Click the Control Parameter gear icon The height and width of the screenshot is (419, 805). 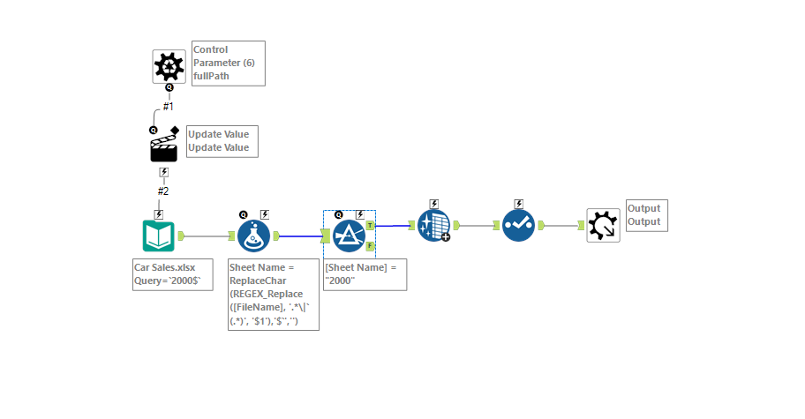(x=169, y=65)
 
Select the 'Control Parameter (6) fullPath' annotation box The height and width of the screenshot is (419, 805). (x=228, y=63)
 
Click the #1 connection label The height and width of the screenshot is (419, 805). (x=168, y=107)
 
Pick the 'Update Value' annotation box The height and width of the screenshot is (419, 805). (x=222, y=141)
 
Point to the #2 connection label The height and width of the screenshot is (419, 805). (x=163, y=191)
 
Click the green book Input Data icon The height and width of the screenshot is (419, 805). (x=159, y=236)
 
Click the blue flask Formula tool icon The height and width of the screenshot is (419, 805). (x=255, y=236)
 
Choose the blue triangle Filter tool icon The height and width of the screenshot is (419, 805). (x=350, y=236)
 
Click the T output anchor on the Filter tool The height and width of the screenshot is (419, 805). (x=370, y=226)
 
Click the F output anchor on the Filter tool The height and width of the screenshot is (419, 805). (x=370, y=245)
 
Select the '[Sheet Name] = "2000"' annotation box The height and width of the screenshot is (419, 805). (x=365, y=273)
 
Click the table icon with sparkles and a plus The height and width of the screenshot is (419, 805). (x=434, y=226)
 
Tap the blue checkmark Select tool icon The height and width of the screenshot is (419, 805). (x=519, y=225)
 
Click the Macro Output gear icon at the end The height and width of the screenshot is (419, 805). (x=603, y=225)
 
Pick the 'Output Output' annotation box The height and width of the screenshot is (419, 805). (x=646, y=215)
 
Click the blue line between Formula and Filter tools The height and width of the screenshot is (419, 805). (x=300, y=236)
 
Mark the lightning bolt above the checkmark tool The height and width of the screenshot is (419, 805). (x=519, y=204)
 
